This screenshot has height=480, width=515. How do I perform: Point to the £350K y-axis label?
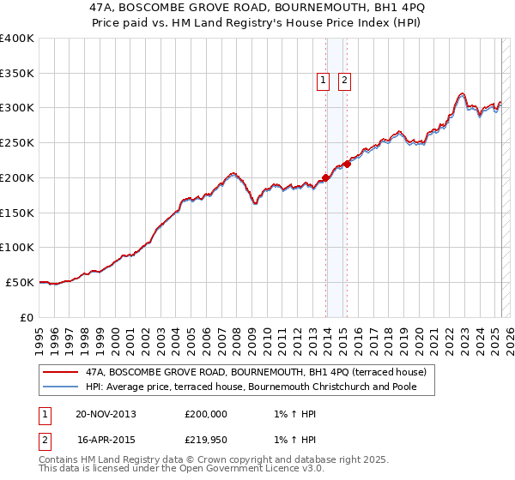coord(17,74)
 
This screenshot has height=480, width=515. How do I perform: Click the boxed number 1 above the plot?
coord(323,81)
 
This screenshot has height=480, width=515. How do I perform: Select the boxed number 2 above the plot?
coord(344,81)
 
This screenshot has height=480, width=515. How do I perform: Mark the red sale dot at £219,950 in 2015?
coord(347,164)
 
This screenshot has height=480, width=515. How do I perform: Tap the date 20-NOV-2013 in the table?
coord(106,414)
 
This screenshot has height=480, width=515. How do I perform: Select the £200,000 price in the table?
coord(206,414)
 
